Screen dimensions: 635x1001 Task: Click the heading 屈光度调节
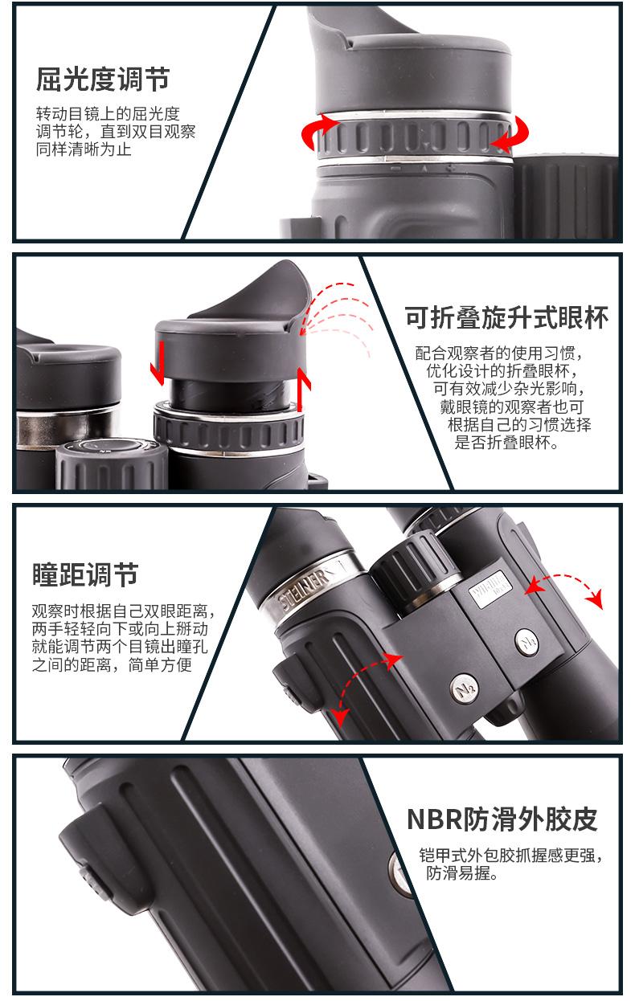pyautogui.click(x=103, y=80)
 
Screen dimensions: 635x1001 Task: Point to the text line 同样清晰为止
pyautogui.click(x=84, y=149)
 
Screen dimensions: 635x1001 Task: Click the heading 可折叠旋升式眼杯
pyautogui.click(x=506, y=317)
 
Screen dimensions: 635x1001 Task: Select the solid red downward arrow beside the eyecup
pyautogui.click(x=158, y=362)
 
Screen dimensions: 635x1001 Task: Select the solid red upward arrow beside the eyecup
pyautogui.click(x=304, y=389)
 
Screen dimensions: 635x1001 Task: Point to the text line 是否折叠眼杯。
pyautogui.click(x=506, y=443)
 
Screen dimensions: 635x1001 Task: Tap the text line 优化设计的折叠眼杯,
pyautogui.click(x=502, y=371)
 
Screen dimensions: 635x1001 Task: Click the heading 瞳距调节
pyautogui.click(x=85, y=574)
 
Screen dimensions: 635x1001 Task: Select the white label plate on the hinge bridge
pyautogui.click(x=490, y=589)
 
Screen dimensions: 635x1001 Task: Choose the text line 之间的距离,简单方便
pyautogui.click(x=112, y=665)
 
